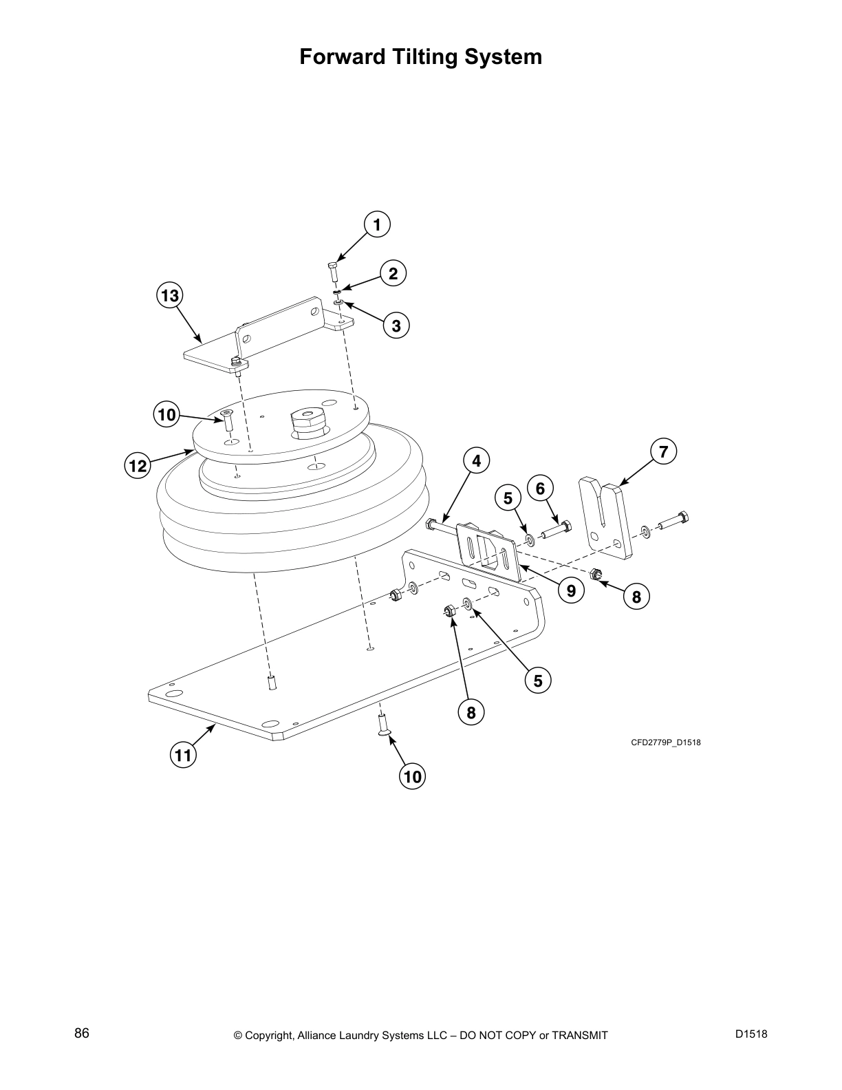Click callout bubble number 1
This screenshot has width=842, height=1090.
click(376, 224)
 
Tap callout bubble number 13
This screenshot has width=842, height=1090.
click(169, 296)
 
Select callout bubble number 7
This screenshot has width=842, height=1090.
click(663, 452)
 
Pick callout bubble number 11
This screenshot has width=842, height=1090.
click(182, 756)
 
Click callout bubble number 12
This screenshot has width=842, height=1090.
click(138, 466)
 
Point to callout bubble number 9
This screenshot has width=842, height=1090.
click(571, 589)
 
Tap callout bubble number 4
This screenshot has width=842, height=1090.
click(476, 460)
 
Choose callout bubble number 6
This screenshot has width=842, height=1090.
click(540, 489)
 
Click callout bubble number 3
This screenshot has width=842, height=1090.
click(396, 325)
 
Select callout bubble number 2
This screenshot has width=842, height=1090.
click(393, 274)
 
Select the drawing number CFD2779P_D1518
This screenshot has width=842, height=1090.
click(666, 742)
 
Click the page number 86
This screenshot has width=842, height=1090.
click(82, 1034)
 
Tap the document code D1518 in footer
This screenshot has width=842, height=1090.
click(751, 1034)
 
